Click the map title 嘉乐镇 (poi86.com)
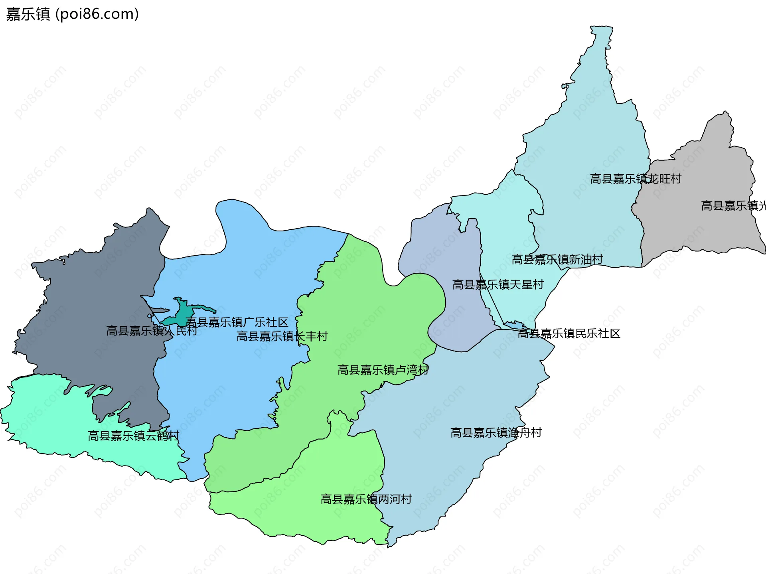(72, 14)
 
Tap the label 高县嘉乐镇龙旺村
(635, 179)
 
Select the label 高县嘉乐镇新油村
(557, 260)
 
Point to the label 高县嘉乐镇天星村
(498, 285)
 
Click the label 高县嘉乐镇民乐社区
(569, 333)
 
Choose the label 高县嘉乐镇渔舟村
(496, 433)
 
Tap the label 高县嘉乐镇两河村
(366, 499)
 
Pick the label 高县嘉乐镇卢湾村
(383, 370)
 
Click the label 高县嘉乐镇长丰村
(282, 336)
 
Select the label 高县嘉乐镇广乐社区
(237, 322)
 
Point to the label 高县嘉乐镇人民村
(152, 331)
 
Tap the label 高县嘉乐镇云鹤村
(133, 436)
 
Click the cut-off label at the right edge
(733, 206)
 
